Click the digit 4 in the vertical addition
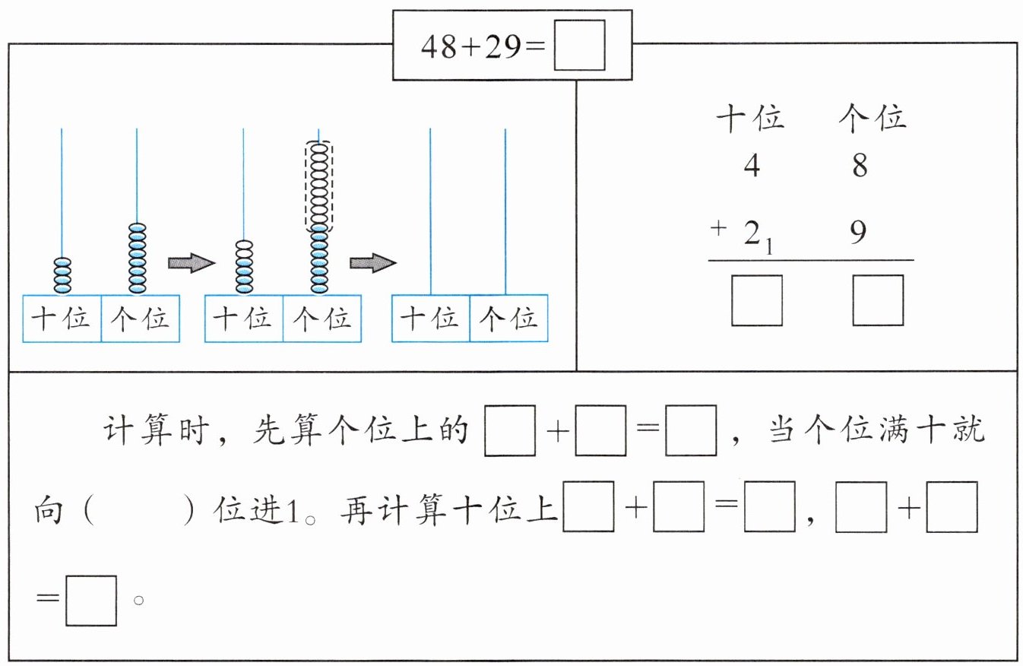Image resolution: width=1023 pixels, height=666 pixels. coord(752,166)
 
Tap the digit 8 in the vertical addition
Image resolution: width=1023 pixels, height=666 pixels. coord(860,166)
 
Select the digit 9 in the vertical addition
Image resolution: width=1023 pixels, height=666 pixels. coord(858,231)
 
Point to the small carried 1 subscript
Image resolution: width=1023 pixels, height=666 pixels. coord(769,246)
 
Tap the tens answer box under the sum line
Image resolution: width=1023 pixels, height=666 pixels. coord(757,300)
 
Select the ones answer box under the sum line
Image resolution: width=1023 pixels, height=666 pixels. coord(878,300)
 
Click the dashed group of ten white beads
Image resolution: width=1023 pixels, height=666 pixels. coord(318,187)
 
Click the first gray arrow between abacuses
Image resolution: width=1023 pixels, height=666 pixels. coord(192,263)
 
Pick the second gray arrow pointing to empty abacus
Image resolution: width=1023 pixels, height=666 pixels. coord(373,263)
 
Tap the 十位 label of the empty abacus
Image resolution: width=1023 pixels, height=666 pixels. coord(430,319)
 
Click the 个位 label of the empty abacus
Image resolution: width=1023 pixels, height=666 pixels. coord(508,319)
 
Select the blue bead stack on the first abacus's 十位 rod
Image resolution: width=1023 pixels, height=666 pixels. coord(62,275)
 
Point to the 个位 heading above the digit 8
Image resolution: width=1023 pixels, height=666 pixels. coord(873,119)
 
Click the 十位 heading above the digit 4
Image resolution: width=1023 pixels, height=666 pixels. coord(751,119)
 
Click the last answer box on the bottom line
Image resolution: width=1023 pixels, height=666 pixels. coord(91,601)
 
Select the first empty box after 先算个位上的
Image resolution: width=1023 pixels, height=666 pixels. coord(510,431)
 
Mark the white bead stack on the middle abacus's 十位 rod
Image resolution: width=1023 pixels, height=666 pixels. coord(243,266)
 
